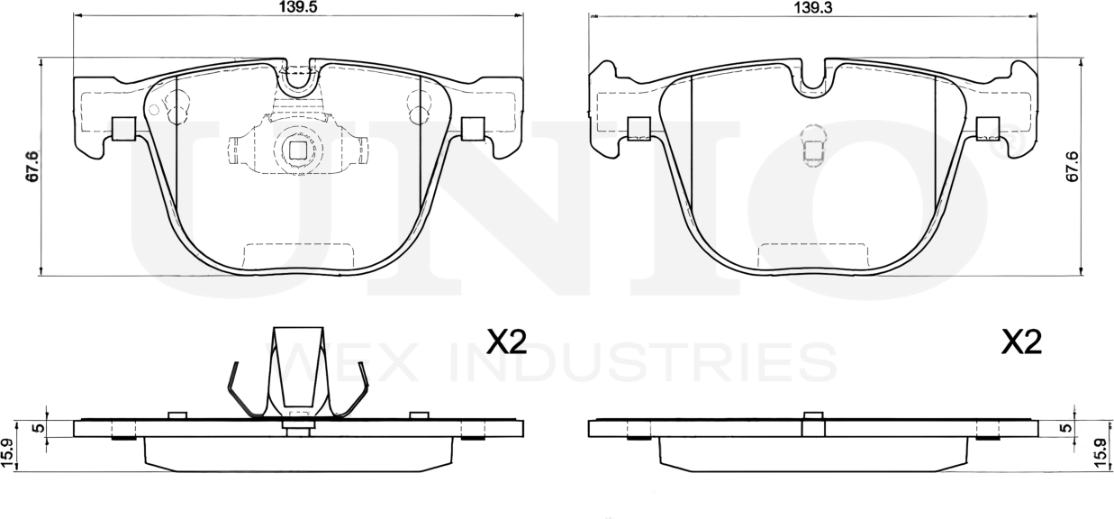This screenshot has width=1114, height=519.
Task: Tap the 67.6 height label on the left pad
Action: (32, 167)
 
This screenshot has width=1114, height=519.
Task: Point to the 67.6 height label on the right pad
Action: (1072, 167)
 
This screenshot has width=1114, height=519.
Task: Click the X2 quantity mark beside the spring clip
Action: (506, 341)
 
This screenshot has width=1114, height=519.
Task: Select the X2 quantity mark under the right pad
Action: (1021, 341)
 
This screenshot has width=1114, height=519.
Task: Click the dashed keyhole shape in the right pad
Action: (812, 145)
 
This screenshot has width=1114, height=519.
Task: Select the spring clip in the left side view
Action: (297, 374)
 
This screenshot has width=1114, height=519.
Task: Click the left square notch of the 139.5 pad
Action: (123, 129)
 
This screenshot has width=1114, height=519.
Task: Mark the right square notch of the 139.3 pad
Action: (987, 129)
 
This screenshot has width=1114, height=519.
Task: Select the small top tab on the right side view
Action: (813, 415)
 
